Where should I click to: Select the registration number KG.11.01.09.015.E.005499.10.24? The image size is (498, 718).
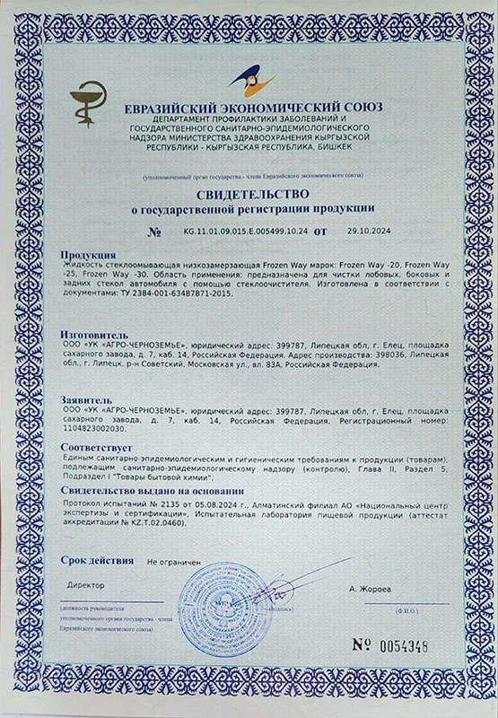click(x=245, y=231)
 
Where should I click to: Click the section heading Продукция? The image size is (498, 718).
click(x=87, y=255)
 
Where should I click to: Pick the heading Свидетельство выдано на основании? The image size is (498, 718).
click(x=151, y=492)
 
